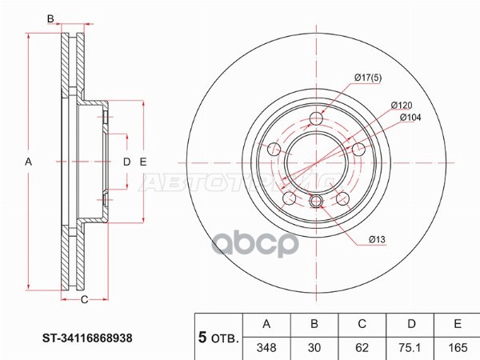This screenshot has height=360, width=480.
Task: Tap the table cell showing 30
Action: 314,348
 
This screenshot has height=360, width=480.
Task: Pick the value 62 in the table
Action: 362,348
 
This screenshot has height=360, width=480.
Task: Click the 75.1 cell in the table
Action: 410,348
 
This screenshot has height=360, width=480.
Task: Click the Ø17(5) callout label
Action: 370,78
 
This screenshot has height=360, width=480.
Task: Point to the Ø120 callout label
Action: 401,105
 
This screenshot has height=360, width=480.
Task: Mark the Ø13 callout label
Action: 378,239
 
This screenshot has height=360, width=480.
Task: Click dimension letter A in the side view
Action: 28,162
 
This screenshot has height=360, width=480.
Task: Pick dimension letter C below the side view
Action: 83,300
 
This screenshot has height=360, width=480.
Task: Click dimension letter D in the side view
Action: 126,162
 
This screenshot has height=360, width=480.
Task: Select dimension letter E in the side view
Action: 143,162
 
